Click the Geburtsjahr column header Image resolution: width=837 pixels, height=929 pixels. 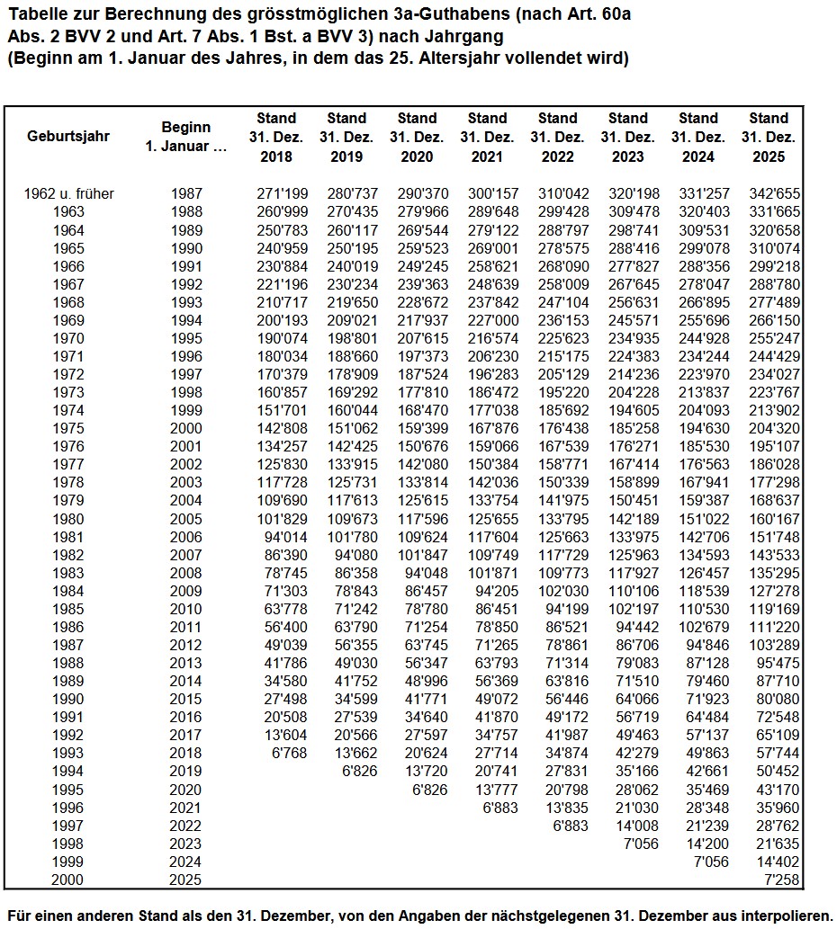coord(68,137)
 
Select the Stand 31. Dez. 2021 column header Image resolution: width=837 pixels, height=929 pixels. coord(487,137)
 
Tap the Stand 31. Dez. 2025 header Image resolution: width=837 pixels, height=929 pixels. coord(768,137)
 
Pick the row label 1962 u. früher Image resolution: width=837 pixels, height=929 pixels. coord(68,193)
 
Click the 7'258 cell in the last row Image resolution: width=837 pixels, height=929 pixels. coord(781,880)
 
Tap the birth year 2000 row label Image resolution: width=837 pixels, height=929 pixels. coord(68,880)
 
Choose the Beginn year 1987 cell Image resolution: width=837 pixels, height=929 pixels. coord(186,193)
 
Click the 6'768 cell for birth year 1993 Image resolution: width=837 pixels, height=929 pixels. coord(288,753)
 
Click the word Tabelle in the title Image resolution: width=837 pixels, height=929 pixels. coord(32,15)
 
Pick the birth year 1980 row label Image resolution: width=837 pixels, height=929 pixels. coord(68,519)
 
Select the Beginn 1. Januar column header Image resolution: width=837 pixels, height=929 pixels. coord(186,137)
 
